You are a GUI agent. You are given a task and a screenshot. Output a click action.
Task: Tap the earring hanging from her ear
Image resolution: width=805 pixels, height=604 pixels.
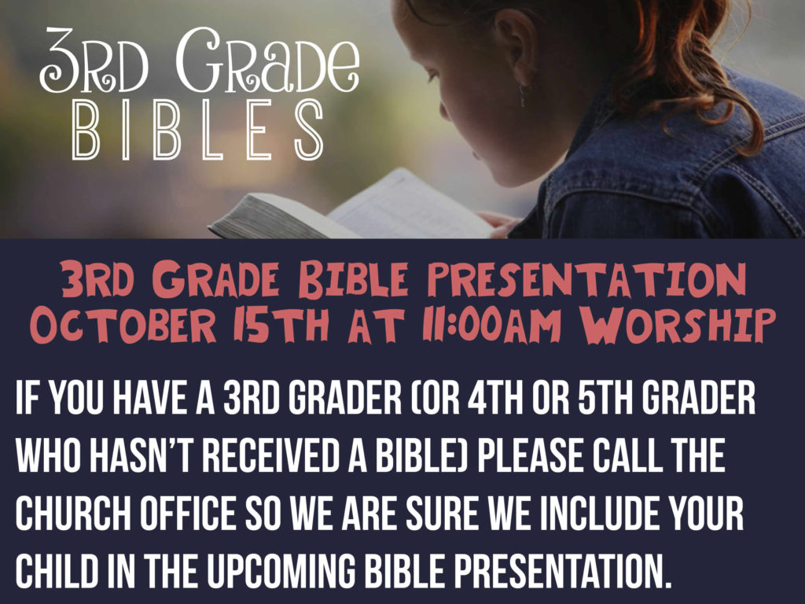point(523,95)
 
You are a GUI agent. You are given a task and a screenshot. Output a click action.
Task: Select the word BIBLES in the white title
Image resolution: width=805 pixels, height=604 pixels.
point(197,130)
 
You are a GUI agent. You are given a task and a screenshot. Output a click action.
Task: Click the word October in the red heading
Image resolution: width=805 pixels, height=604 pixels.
point(123,325)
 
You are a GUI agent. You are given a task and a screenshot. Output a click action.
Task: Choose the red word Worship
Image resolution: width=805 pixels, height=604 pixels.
point(677,325)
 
